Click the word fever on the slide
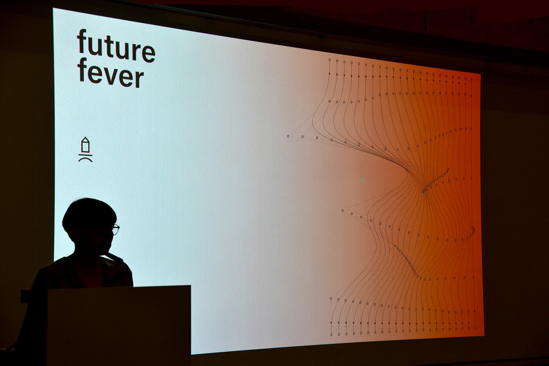click(111, 73)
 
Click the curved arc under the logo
click(85, 159)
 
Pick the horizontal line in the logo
click(85, 155)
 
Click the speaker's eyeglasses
click(116, 229)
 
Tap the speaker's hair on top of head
click(89, 208)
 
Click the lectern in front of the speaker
click(118, 325)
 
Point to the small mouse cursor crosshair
click(363, 180)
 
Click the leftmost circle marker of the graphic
click(288, 136)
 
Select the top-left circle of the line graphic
click(330, 59)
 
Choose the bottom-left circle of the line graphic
click(331, 335)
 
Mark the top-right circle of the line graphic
click(471, 79)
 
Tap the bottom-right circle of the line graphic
click(475, 328)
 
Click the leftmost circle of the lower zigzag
click(343, 211)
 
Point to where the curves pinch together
click(424, 191)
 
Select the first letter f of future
click(82, 41)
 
